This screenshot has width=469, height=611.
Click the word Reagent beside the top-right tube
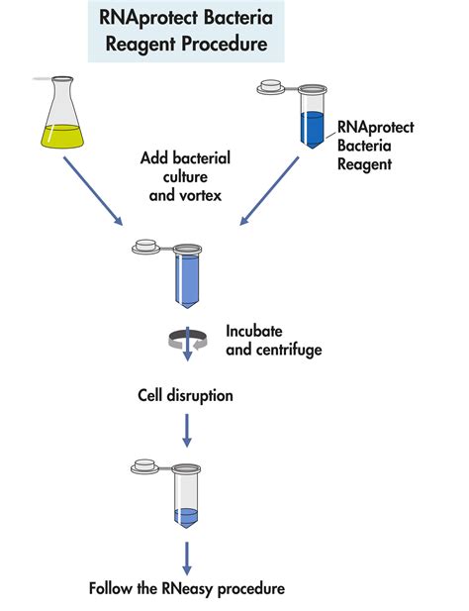click(x=365, y=163)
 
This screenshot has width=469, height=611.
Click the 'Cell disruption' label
click(x=185, y=395)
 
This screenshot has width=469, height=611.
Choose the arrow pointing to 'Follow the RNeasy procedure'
click(x=186, y=555)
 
